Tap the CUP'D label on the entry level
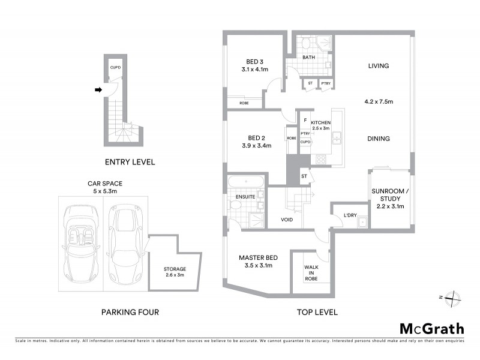point(116,67)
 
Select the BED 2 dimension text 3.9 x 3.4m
point(256,146)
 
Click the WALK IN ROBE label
point(311,273)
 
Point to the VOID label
point(287,220)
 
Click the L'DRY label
point(350,215)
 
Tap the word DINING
point(379,139)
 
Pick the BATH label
point(308,58)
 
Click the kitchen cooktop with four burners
point(321,159)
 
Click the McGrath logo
point(431,328)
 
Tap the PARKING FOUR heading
point(130,312)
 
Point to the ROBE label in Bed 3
point(244,103)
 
